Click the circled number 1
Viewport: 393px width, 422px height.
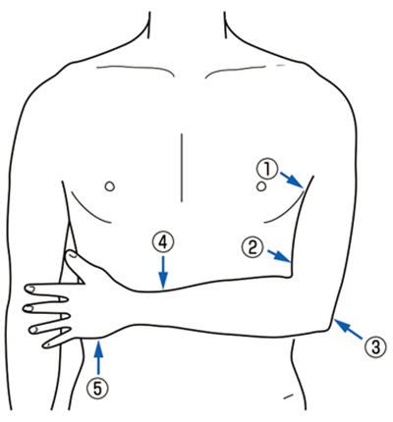267,170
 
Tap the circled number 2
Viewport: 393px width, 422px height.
253,247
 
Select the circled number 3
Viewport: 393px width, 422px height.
375,346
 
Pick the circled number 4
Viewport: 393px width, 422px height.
163,242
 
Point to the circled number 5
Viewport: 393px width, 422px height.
97,388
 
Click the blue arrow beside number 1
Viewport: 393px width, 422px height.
292,181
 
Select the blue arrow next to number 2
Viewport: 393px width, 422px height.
279,256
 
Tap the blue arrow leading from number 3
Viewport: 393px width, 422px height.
348,329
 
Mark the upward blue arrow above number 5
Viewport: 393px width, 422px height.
98,357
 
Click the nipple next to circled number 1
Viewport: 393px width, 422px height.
261,186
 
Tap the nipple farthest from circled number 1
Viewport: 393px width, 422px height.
110,186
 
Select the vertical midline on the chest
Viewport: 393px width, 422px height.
182,168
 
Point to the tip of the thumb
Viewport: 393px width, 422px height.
68,253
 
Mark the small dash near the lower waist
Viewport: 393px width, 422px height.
288,396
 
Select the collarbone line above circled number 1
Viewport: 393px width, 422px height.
237,70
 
